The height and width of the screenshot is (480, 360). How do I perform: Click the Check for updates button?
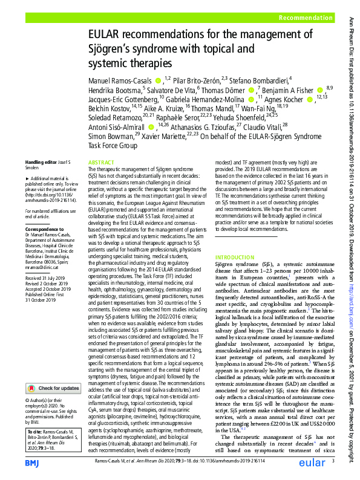coord(53,371)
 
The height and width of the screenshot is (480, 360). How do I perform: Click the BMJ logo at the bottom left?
coord(32,462)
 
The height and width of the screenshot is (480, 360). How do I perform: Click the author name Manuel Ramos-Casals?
coord(120,80)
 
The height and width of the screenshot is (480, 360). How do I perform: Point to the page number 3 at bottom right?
coord(333,462)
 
